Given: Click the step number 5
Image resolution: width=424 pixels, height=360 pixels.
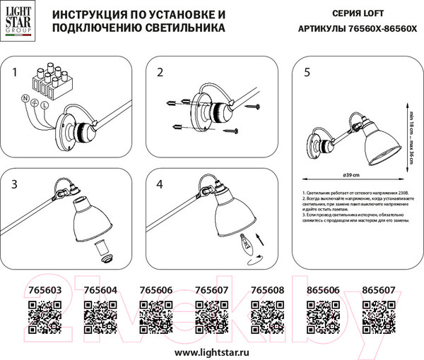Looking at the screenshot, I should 306,73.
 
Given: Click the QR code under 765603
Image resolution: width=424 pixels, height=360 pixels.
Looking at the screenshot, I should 43,313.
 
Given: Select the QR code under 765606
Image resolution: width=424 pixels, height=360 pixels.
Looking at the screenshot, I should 153,313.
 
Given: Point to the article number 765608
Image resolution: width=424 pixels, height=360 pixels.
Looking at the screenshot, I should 265,290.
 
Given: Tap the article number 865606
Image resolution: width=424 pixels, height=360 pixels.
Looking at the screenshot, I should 320,290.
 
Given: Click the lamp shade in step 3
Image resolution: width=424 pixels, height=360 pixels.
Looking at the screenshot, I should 96,223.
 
